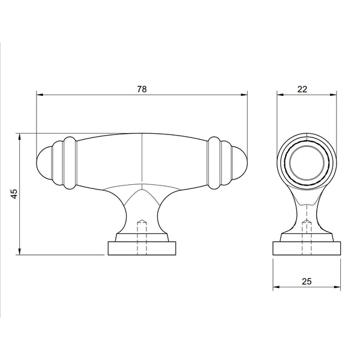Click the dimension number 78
point(142,88)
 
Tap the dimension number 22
point(302,88)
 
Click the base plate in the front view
point(142,248)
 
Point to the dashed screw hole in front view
point(142,234)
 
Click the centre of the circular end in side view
point(306,163)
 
